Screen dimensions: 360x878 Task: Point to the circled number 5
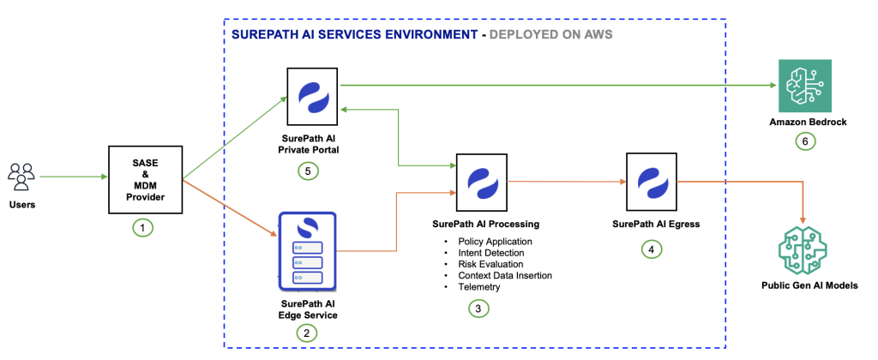click(310, 171)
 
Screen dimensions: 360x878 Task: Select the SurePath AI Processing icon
click(481, 181)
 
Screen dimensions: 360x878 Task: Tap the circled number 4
click(651, 249)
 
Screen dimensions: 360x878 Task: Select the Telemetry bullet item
click(481, 286)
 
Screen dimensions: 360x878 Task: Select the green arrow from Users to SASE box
click(73, 177)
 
